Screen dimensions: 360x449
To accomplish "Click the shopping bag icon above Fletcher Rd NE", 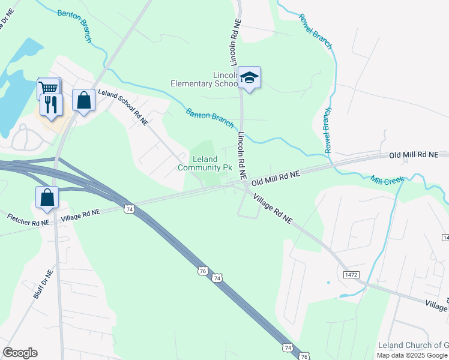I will coord(47,197).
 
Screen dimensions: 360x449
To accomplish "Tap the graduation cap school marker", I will coord(249,77).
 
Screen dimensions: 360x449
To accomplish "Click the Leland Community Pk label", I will coord(205,163).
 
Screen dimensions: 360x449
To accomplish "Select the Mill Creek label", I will coord(385,179).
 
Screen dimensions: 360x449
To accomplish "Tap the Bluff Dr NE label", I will coord(43,284).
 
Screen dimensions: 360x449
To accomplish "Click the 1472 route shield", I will coord(352,274).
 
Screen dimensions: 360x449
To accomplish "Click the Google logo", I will coord(20,353).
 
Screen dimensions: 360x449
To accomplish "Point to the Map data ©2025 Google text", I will coord(412,355).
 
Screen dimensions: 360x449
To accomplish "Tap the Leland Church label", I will coord(413,345).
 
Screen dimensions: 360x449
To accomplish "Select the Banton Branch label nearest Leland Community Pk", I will coord(209,118).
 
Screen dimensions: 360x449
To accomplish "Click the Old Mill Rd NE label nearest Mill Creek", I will coord(414,155).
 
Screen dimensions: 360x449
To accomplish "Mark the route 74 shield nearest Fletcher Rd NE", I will coord(128,208).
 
